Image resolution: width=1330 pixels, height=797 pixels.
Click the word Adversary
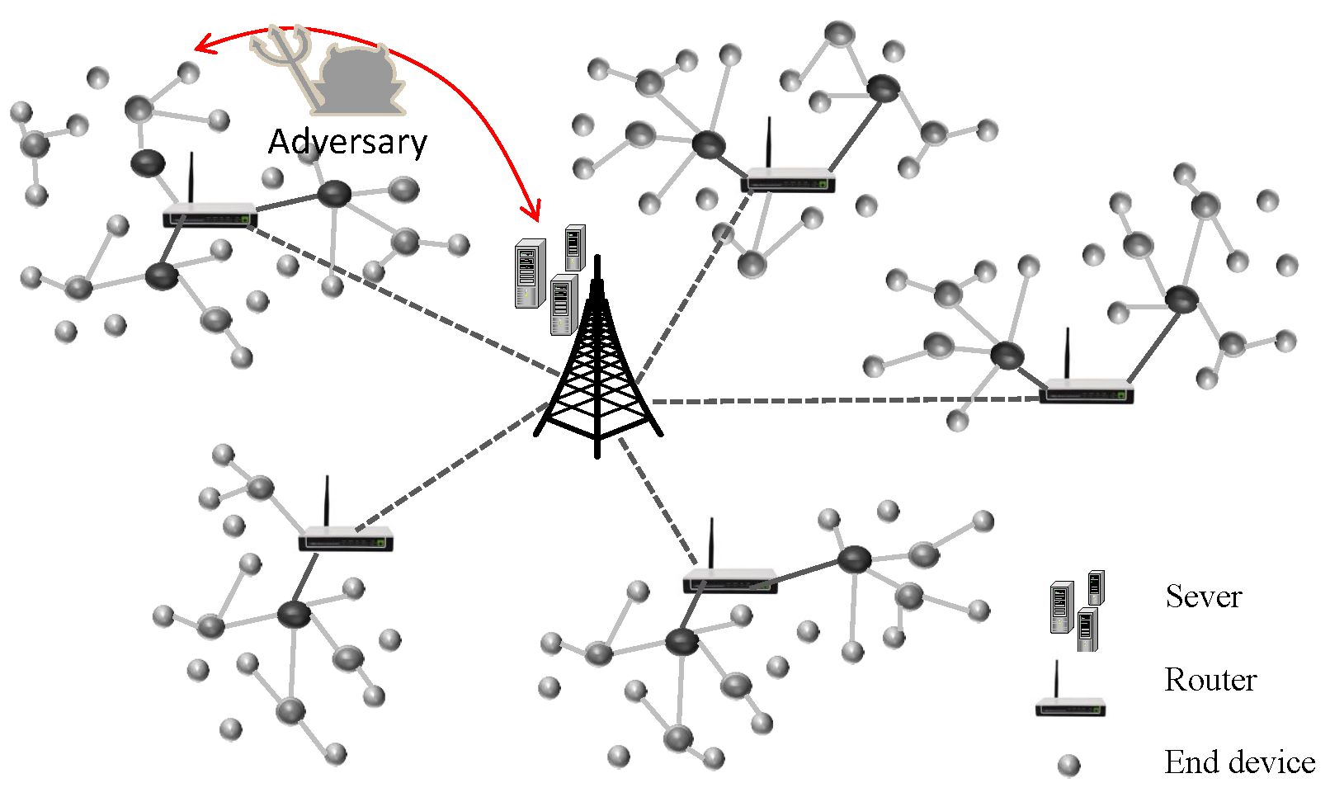(x=347, y=143)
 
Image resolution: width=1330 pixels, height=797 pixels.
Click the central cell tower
(x=597, y=363)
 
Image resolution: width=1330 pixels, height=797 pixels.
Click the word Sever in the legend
(x=1203, y=597)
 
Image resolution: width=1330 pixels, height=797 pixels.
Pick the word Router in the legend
(x=1210, y=680)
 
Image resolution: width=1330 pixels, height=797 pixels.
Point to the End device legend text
(x=1239, y=762)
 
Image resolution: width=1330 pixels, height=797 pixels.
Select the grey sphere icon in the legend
(x=1068, y=766)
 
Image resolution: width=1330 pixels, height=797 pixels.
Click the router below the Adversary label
(x=210, y=215)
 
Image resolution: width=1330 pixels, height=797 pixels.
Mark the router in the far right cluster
(x=1086, y=389)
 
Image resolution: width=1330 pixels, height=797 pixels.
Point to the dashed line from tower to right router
(x=842, y=400)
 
